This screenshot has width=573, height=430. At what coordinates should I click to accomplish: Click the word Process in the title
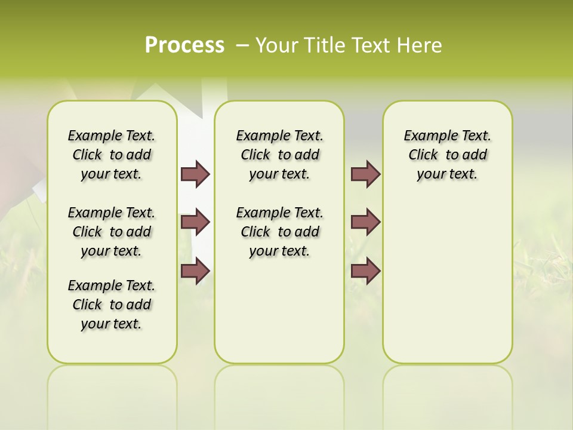184,45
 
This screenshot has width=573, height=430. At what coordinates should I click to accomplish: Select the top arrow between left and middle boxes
195,174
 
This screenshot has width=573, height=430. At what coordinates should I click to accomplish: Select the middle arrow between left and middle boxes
195,222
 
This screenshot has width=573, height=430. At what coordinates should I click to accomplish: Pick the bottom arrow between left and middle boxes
195,271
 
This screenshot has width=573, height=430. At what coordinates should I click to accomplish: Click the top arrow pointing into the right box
365,174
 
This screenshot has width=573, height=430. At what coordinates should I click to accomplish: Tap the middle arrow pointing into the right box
365,222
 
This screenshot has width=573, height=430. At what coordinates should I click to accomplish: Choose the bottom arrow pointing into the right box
365,271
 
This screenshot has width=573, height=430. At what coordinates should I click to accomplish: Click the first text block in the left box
111,155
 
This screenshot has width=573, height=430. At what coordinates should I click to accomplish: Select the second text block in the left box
111,232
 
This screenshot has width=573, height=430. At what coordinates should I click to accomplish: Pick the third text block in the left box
111,305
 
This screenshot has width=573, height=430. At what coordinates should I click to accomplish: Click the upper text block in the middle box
279,155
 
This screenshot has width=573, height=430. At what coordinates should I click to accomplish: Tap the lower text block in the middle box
279,232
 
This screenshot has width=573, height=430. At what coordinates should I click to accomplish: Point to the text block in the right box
447,155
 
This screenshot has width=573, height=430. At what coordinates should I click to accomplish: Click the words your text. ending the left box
111,324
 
